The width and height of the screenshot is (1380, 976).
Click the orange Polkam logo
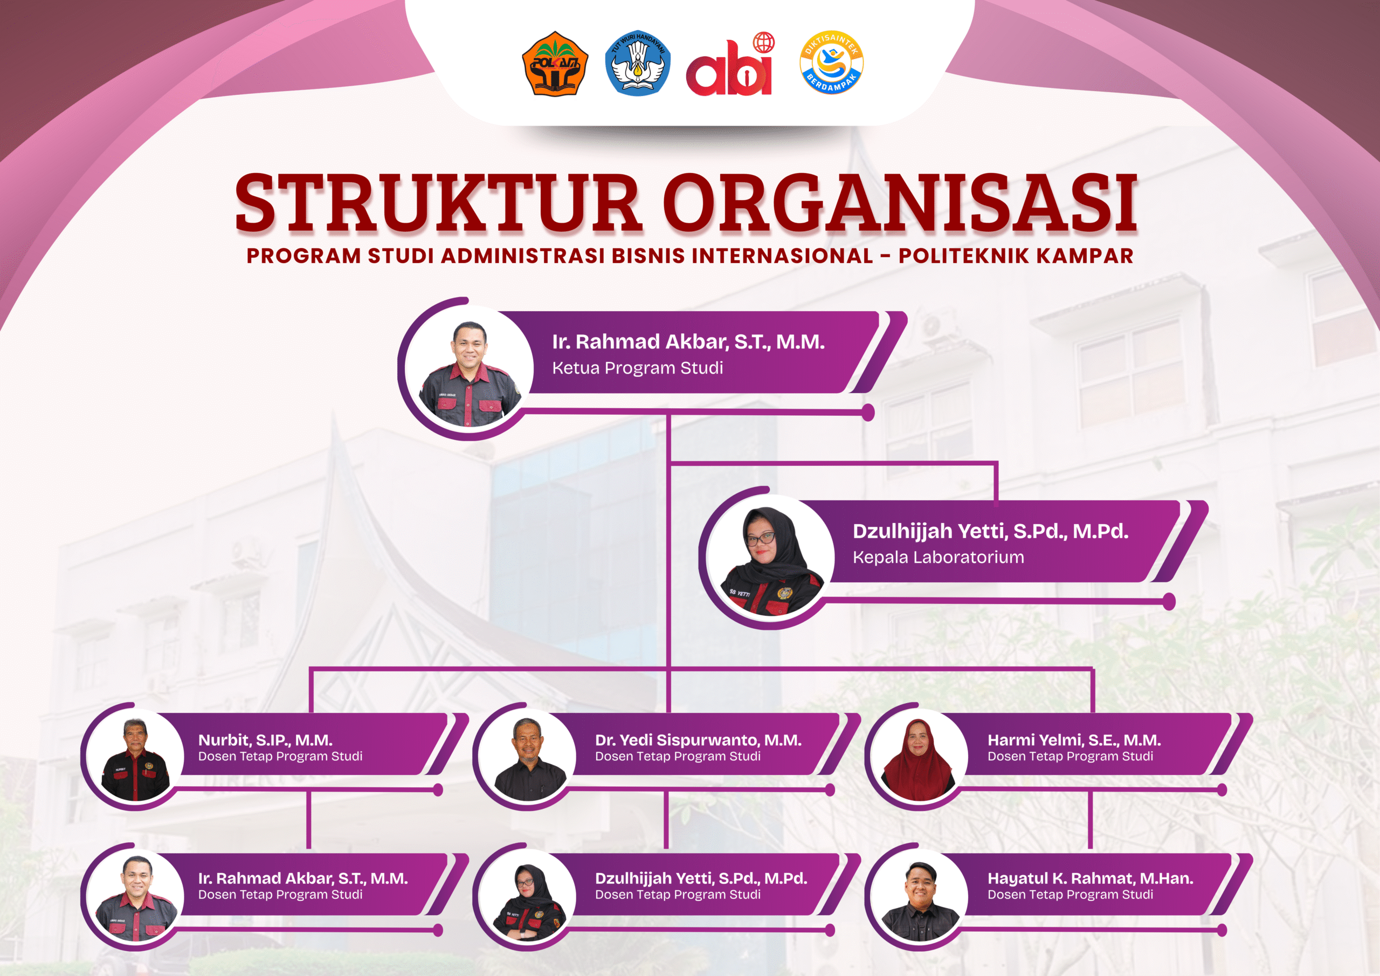pyautogui.click(x=555, y=64)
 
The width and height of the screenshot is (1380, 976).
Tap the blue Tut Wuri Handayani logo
pyautogui.click(x=638, y=63)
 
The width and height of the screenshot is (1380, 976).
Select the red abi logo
pyautogui.click(x=730, y=64)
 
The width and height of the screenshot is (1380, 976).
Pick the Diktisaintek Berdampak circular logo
pyautogui.click(x=831, y=63)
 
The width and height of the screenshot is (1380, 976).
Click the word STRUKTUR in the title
pyautogui.click(x=437, y=203)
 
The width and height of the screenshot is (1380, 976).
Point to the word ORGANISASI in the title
pyautogui.click(x=901, y=203)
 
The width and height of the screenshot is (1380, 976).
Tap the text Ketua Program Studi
pyautogui.click(x=637, y=368)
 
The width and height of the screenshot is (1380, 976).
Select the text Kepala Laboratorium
pyautogui.click(x=938, y=558)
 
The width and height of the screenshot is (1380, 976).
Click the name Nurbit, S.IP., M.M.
pyautogui.click(x=265, y=740)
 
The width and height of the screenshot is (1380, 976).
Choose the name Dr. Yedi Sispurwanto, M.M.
pyautogui.click(x=699, y=740)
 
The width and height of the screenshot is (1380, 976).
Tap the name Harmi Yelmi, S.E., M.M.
pyautogui.click(x=1074, y=740)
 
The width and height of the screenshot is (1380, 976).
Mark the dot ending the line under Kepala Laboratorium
pyautogui.click(x=1169, y=601)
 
